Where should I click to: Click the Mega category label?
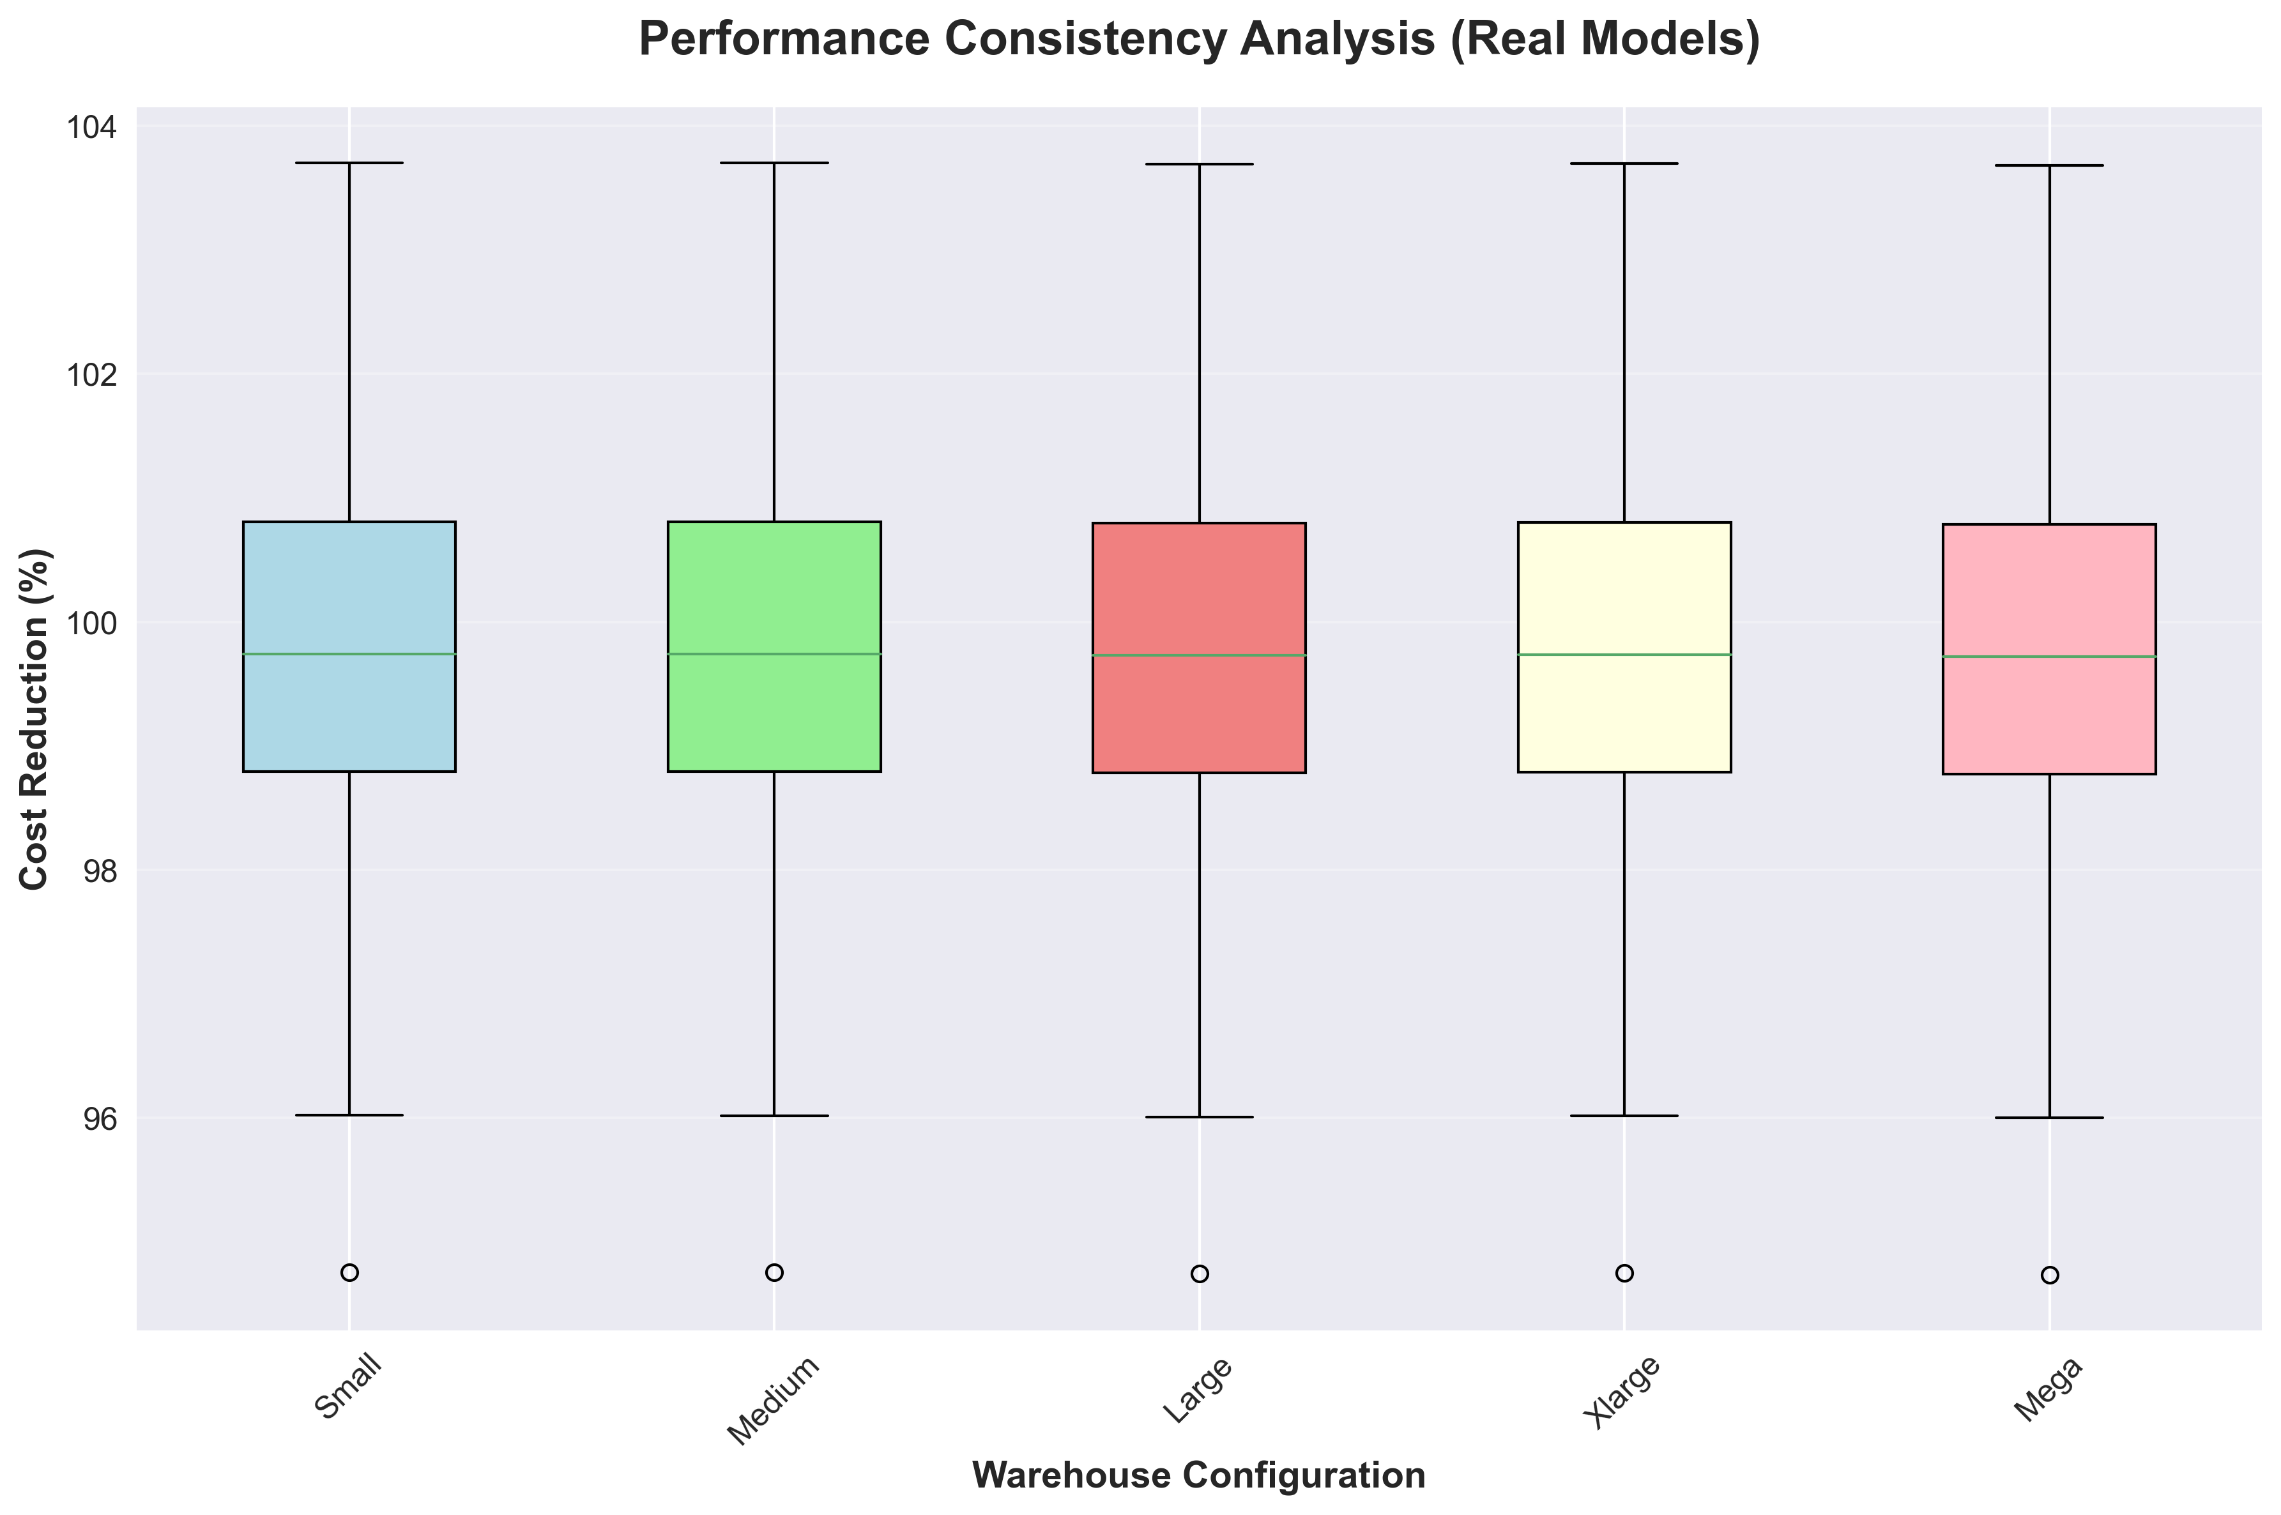2047,1389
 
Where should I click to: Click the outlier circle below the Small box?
350,1272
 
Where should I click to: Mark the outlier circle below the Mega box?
2049,1275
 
